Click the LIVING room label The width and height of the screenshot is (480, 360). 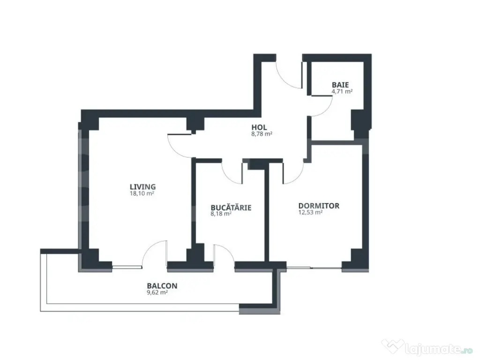(x=142, y=187)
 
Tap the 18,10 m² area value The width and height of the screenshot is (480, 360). (x=142, y=194)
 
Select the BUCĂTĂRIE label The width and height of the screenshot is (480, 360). (x=231, y=207)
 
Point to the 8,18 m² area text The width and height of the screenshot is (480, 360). (x=221, y=214)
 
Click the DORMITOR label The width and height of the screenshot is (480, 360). (x=319, y=206)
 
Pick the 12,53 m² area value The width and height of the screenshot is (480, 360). (x=310, y=212)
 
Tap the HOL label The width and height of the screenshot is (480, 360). (x=259, y=127)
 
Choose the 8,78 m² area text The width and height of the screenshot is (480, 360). (x=262, y=134)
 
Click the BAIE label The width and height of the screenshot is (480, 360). (x=340, y=85)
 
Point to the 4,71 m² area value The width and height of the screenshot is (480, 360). (x=342, y=91)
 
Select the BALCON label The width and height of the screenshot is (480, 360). (x=162, y=286)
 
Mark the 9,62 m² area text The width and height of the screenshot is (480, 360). (x=157, y=292)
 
